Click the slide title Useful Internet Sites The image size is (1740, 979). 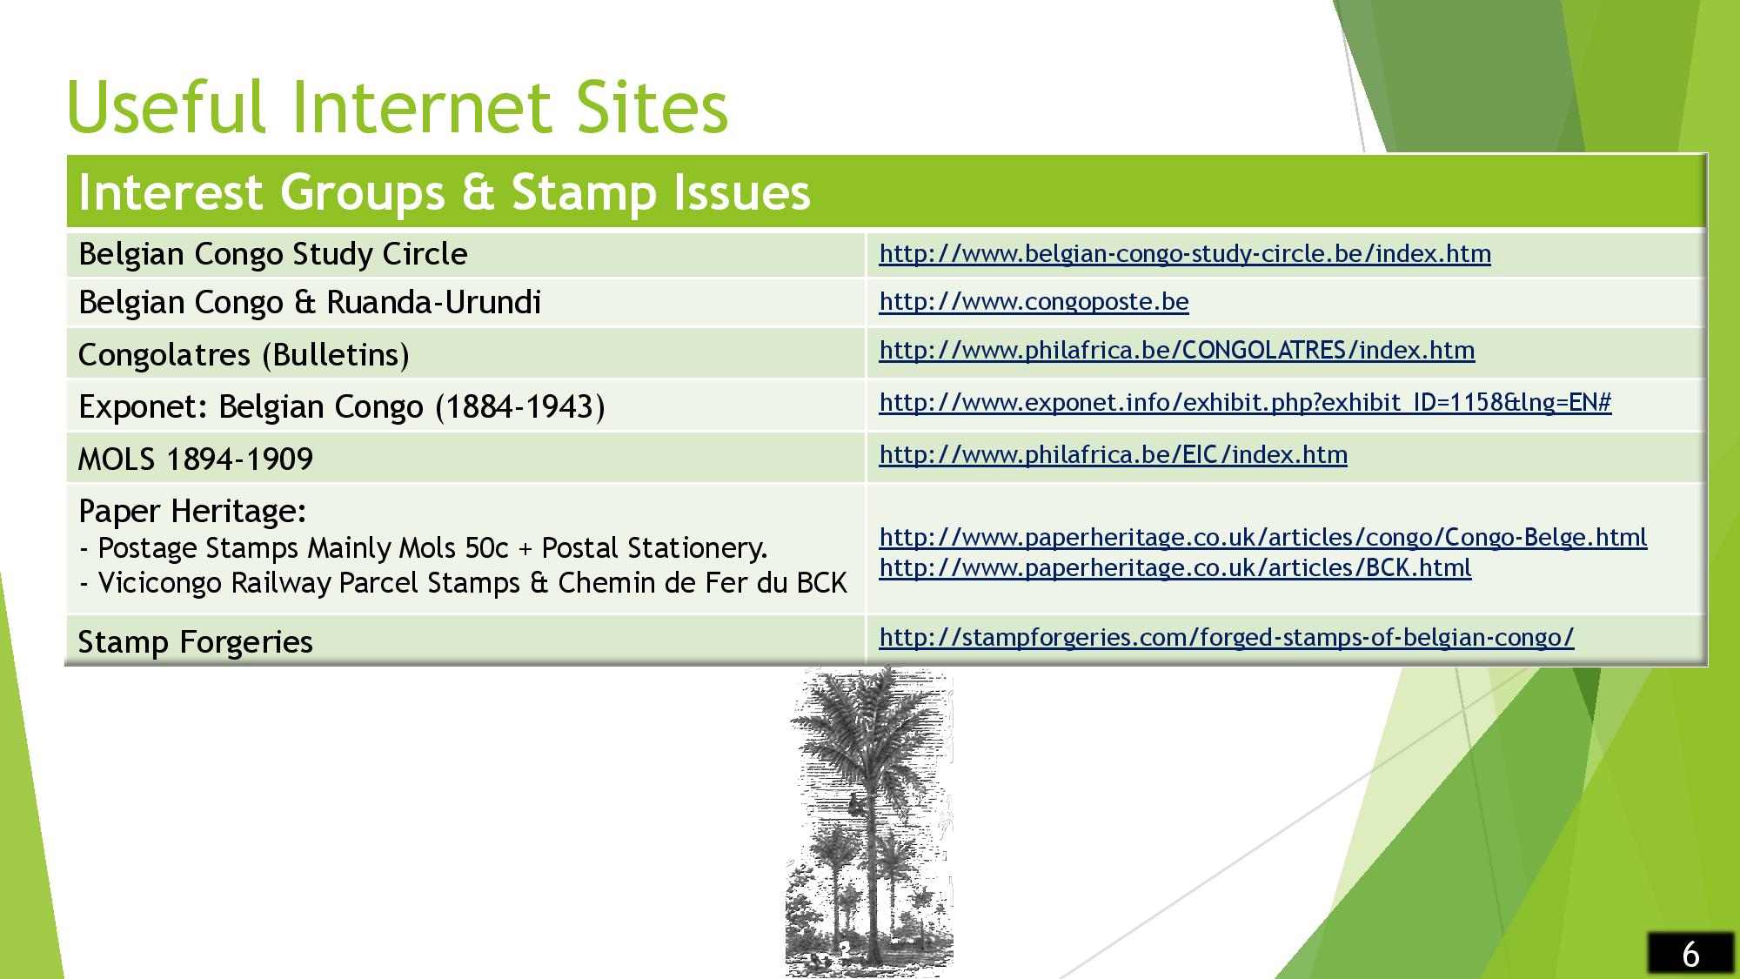(398, 107)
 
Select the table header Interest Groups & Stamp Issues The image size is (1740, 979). (445, 192)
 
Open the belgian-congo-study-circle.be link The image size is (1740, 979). (1185, 253)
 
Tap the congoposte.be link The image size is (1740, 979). (1034, 301)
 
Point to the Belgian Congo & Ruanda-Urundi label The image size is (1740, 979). (310, 302)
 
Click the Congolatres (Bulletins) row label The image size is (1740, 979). (244, 354)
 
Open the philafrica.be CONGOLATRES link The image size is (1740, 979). (1177, 350)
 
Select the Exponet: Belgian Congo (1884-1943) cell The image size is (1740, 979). (341, 406)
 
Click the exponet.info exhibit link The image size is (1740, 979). (1245, 402)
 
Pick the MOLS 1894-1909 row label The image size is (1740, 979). (196, 459)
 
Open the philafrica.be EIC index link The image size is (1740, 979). (1113, 454)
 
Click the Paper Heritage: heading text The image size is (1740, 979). (192, 511)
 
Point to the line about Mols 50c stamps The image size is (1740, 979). (424, 548)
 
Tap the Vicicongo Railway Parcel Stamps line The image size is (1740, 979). (463, 582)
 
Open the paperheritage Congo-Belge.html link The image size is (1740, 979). (1263, 537)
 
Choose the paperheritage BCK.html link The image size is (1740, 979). (1175, 567)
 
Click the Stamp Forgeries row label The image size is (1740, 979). (196, 641)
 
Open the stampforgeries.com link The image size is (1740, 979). (1227, 637)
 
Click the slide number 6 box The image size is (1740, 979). (1690, 954)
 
